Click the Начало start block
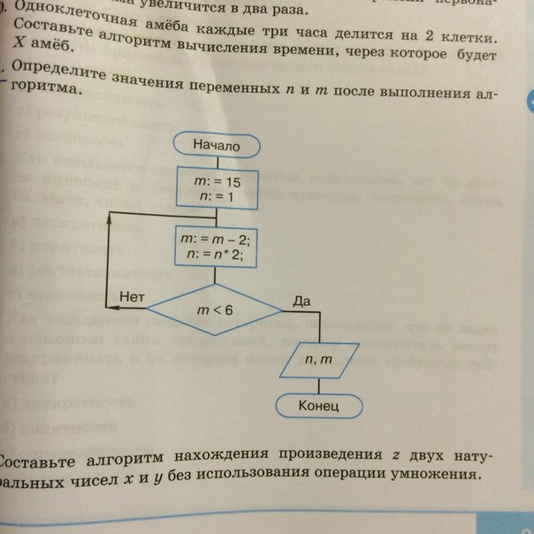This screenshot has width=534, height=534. (216, 145)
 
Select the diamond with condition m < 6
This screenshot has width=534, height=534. (214, 309)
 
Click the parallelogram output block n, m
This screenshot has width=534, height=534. (319, 360)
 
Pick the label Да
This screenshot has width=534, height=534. (302, 301)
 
